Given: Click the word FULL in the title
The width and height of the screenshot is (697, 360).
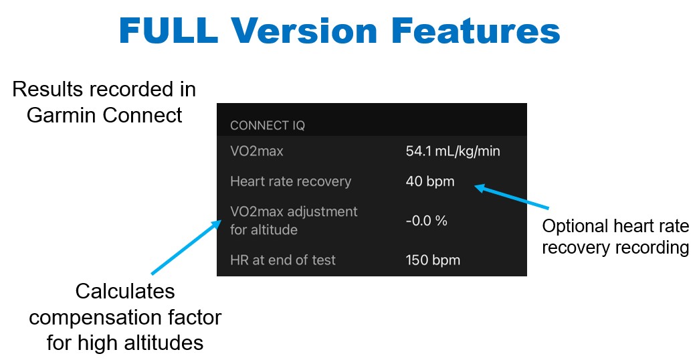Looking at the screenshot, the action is click(169, 31).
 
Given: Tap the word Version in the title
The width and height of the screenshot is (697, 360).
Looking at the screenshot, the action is click(304, 31).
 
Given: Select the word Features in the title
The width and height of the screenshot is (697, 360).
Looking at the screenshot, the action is click(476, 31).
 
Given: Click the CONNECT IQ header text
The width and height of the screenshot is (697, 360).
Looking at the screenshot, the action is click(268, 126).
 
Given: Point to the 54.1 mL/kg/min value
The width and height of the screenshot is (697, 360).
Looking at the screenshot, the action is click(453, 151).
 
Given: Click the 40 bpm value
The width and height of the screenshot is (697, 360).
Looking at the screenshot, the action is click(430, 181).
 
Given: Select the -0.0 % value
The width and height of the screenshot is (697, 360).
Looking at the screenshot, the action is click(426, 220).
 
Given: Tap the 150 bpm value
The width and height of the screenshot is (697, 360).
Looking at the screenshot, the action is click(433, 260).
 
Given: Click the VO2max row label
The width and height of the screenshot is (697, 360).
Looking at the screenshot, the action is click(256, 151).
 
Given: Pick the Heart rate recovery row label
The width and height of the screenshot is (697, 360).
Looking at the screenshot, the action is click(291, 181).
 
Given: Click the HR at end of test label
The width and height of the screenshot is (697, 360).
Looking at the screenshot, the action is click(283, 260).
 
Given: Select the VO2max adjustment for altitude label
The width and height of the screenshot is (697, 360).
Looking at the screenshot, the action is click(294, 220).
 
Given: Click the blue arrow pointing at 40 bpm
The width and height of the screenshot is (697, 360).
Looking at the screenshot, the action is click(512, 197).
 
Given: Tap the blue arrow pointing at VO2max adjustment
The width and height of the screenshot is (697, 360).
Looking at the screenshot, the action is click(186, 247).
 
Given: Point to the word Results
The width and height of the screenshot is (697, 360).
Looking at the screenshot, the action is click(47, 90).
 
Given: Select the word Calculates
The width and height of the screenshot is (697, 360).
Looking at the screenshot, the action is click(125, 292).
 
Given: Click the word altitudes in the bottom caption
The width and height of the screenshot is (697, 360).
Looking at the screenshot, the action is click(163, 343).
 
